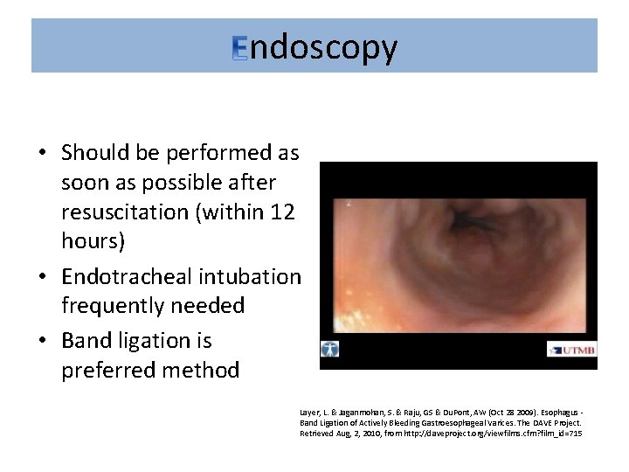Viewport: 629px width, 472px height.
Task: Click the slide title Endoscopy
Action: pyautogui.click(x=314, y=47)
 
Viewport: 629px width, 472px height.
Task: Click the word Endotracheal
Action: pyautogui.click(x=127, y=277)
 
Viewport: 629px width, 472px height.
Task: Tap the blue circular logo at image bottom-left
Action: pyautogui.click(x=330, y=348)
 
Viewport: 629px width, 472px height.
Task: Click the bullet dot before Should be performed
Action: pyautogui.click(x=42, y=154)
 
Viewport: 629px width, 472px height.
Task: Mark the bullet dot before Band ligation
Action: pyautogui.click(x=42, y=341)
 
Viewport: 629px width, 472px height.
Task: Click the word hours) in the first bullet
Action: pyautogui.click(x=92, y=241)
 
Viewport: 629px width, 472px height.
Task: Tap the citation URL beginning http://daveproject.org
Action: pyautogui.click(x=505, y=433)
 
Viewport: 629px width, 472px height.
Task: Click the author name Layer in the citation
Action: pyautogui.click(x=310, y=410)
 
